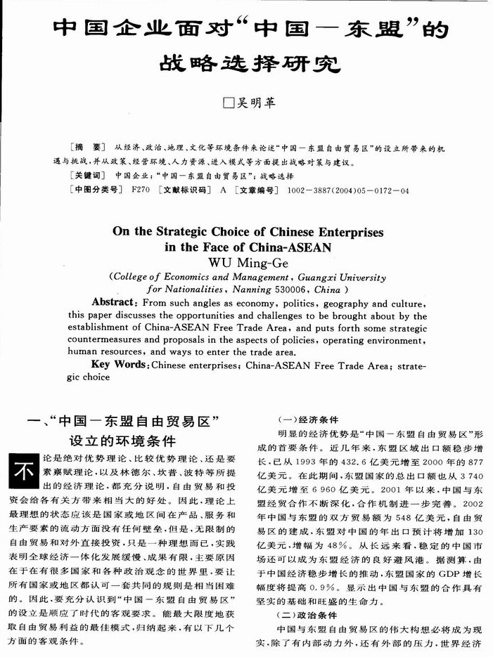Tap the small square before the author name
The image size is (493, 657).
pyautogui.click(x=227, y=103)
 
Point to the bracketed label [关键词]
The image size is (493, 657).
pyautogui.click(x=88, y=176)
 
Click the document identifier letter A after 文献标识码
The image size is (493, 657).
pyautogui.click(x=223, y=190)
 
